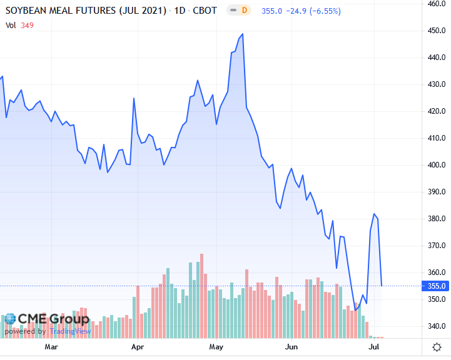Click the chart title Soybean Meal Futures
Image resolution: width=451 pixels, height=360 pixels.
click(86, 11)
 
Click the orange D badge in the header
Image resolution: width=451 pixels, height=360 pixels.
click(244, 11)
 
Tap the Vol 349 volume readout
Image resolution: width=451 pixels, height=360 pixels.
click(19, 25)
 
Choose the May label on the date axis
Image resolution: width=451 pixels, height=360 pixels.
click(216, 346)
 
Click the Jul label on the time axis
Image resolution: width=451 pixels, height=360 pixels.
click(373, 346)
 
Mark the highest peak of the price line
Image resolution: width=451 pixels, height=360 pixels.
click(242, 34)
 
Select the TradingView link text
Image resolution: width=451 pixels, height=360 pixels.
click(71, 331)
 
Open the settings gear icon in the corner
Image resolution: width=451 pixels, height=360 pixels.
click(437, 347)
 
